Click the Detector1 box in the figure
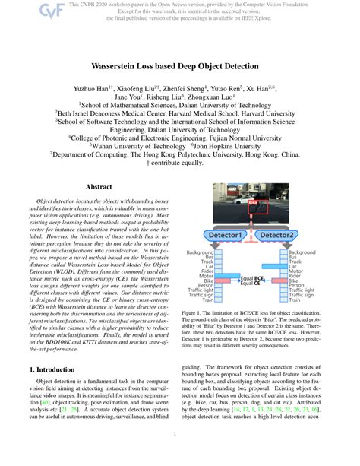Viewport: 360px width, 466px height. (x=220, y=236)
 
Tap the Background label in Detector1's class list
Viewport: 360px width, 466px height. (x=200, y=252)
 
